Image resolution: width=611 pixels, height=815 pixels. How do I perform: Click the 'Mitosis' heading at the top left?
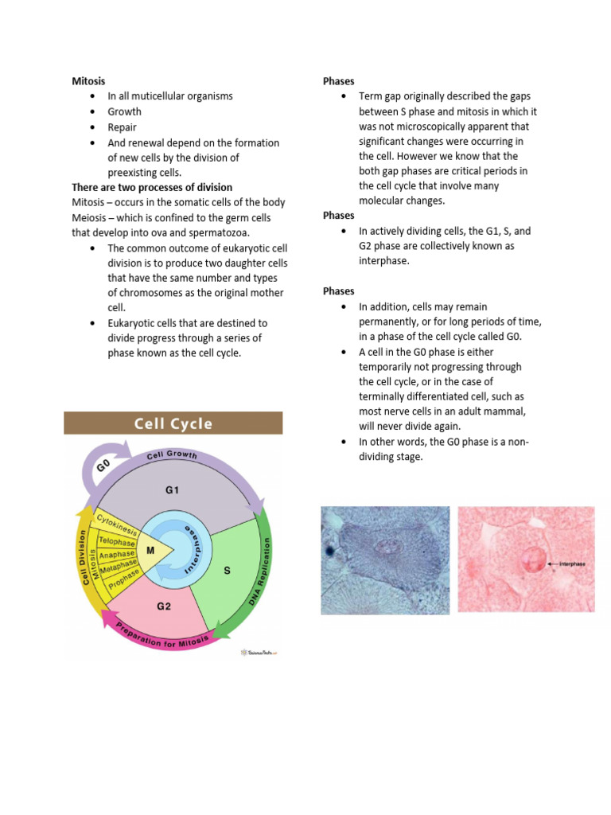click(x=88, y=81)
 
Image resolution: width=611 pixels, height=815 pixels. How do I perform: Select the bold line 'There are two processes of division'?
click(x=152, y=188)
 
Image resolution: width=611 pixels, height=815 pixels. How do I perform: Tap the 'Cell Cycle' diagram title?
click(x=173, y=423)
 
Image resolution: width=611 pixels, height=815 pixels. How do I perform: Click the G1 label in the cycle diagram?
click(x=173, y=490)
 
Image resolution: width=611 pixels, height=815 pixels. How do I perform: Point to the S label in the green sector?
click(x=228, y=570)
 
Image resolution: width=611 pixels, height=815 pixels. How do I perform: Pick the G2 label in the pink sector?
click(x=164, y=606)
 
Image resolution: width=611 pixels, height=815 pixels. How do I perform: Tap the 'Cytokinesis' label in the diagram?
click(x=117, y=524)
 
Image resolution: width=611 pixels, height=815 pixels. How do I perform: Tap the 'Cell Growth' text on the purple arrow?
click(x=173, y=456)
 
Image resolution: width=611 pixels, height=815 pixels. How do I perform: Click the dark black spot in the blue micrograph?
click(x=328, y=550)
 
